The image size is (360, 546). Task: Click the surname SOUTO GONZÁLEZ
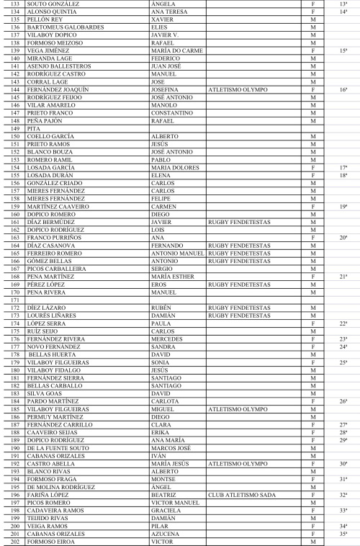coord(53,4)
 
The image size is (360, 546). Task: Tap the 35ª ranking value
coord(343,534)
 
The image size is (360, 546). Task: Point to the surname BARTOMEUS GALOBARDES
coord(66,27)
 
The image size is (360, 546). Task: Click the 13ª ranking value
coord(343,4)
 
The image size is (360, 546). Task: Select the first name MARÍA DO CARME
coord(176,52)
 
